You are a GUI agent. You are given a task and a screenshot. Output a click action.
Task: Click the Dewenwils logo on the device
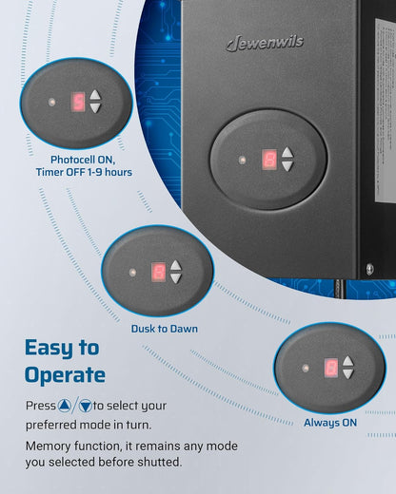coord(265,43)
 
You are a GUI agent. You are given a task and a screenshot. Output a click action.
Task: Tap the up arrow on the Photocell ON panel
coord(95,95)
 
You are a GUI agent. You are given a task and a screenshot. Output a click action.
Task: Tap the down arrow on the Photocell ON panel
coord(95,108)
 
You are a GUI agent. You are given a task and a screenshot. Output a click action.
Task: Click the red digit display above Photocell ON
coord(78,102)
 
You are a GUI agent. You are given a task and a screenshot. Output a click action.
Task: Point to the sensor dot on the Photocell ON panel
coord(51,103)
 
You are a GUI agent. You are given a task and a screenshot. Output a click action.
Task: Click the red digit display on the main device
coord(269,160)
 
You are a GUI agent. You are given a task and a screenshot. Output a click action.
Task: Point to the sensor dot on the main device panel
coord(243,160)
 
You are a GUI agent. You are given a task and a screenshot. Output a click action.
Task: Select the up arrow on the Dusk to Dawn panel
coord(176,265)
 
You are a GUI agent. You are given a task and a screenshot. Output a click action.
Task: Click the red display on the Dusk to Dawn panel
coord(158,272)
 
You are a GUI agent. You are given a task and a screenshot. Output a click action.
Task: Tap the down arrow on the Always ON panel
coord(348,374)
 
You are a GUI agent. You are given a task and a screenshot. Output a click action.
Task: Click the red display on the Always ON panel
coord(331,368)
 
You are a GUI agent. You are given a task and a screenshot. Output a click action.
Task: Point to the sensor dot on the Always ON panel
coord(306,369)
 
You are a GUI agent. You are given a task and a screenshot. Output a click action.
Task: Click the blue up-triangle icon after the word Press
coord(65,406)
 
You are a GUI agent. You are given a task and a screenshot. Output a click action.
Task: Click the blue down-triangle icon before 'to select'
coord(85,406)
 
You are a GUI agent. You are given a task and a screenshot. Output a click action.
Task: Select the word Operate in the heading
coord(65,375)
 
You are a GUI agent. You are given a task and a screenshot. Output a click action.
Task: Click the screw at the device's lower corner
coord(369,269)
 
